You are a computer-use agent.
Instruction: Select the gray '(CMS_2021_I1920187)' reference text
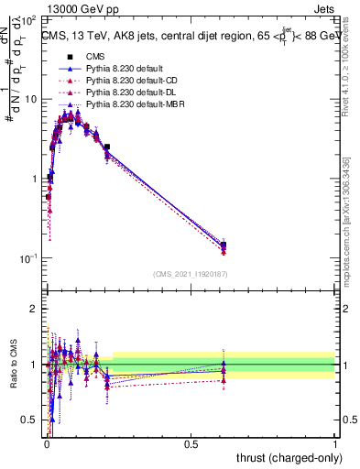[x=191, y=274]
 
